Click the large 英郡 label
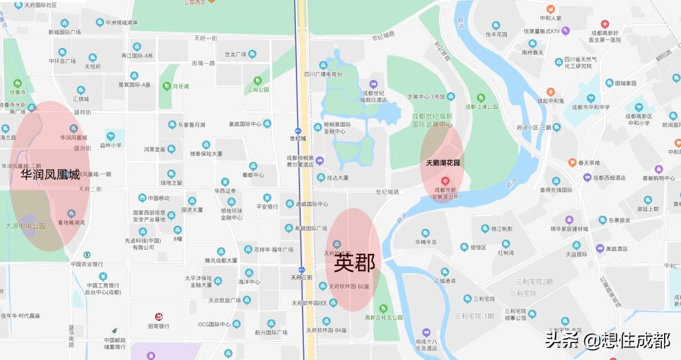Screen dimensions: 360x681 pos(354,263)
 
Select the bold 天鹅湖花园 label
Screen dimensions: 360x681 pos(443,163)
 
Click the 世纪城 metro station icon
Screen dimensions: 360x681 pos(298,131)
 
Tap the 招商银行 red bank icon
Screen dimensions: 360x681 pos(158,316)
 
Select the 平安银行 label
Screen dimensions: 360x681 pos(267,206)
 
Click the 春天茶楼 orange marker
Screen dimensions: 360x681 pos(572,163)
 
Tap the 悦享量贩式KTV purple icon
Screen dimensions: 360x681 pos(566,30)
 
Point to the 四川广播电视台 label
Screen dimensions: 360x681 pos(323,74)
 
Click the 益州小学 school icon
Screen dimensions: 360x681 pos(111,136)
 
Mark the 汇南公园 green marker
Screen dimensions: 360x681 pos(257,81)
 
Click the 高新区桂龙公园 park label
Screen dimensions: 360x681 pos(383,318)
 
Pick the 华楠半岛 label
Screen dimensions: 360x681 pos(426,242)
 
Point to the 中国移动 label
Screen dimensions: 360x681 pos(154,198)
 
